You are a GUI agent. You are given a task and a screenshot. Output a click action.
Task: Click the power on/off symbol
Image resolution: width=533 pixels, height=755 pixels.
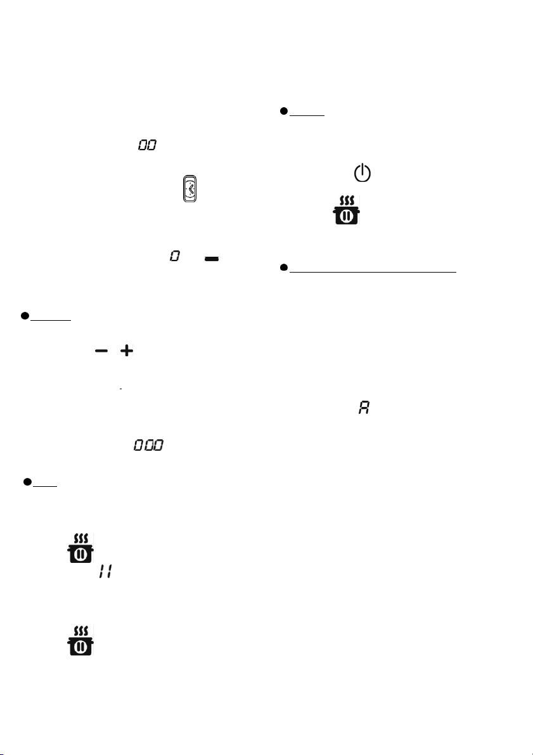[363, 173]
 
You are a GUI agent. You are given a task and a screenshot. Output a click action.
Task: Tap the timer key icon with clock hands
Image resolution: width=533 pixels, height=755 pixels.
[189, 189]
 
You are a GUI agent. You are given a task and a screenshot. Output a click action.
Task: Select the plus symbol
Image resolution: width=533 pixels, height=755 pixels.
[127, 351]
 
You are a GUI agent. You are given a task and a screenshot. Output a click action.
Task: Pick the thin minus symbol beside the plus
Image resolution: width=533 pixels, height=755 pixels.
[101, 351]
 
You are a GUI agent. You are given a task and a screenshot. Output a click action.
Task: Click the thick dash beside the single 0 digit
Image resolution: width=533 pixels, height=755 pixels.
[212, 259]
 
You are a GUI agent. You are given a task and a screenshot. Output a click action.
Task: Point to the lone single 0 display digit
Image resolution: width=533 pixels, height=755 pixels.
[175, 256]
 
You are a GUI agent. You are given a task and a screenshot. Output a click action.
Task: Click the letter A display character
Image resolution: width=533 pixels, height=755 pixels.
[364, 408]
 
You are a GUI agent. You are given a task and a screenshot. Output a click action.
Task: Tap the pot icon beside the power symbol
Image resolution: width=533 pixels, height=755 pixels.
[346, 210]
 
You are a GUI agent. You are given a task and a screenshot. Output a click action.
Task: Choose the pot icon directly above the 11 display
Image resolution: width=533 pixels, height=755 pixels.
[80, 548]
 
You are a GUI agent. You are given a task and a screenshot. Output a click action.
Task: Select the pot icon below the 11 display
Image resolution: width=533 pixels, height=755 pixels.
[80, 641]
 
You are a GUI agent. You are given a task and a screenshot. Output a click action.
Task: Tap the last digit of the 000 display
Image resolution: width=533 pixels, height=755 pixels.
[158, 445]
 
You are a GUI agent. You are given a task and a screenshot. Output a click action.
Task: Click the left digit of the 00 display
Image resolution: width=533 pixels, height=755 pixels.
[143, 145]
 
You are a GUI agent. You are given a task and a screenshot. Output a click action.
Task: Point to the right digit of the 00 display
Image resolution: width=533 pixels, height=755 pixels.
[151, 145]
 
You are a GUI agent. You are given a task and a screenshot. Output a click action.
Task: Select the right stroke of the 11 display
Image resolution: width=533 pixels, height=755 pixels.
[110, 572]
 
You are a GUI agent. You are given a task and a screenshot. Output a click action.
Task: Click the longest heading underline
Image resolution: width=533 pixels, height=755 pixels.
[373, 272]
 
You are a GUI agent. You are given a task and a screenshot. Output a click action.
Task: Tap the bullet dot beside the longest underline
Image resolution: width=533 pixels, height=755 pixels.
[283, 268]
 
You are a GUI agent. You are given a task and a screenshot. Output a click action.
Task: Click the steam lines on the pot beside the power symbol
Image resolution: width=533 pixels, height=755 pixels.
[347, 201]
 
